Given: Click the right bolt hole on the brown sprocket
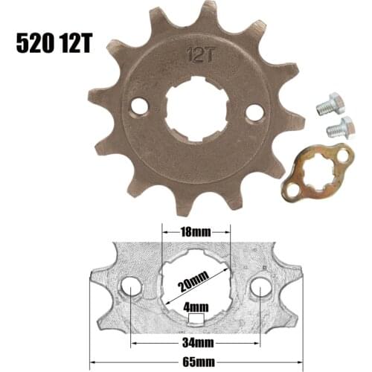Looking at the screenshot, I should [x=254, y=112].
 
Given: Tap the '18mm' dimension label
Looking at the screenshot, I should [x=196, y=232].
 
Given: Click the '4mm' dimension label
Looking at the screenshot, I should [x=196, y=305].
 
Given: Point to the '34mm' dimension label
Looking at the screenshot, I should [x=195, y=343].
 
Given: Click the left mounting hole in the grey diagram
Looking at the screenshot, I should [x=131, y=287].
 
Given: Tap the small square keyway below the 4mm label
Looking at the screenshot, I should [x=196, y=319].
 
